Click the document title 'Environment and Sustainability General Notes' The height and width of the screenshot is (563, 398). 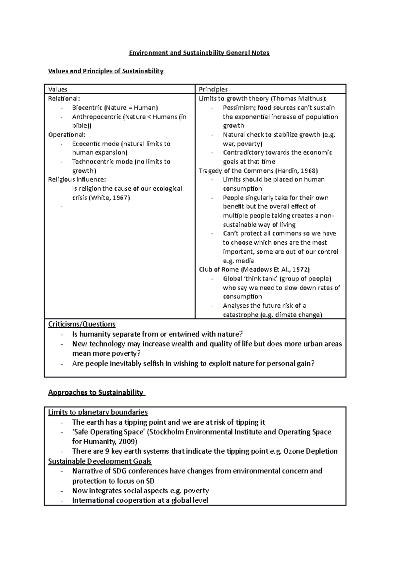click(x=199, y=53)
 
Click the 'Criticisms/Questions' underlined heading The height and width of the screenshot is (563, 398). click(x=82, y=324)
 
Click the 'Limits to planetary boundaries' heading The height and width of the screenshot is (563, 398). click(x=98, y=412)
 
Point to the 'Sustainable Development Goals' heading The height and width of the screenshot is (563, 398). click(x=99, y=462)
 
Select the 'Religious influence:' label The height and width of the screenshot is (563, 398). click(x=77, y=180)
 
